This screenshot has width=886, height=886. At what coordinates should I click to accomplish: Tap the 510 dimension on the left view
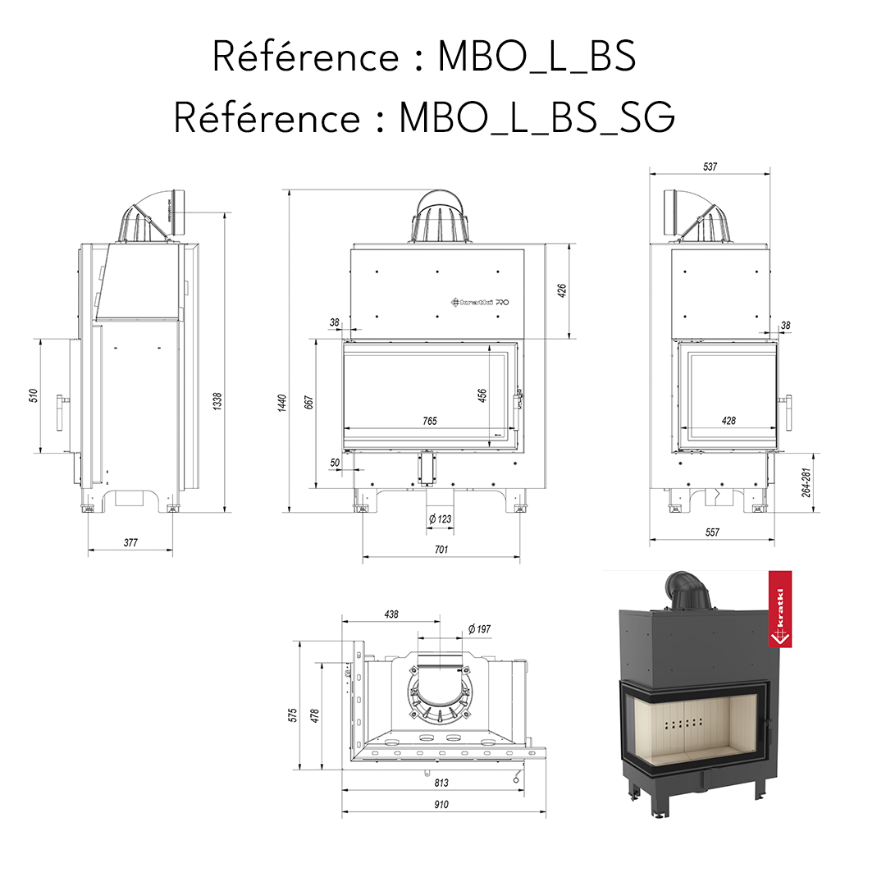[34, 395]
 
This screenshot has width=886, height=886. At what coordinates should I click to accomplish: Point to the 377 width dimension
[130, 543]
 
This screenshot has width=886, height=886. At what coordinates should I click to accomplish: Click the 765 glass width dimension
[429, 421]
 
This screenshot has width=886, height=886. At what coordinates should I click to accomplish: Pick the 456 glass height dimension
[482, 397]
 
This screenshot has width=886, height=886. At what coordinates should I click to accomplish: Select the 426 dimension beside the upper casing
[562, 290]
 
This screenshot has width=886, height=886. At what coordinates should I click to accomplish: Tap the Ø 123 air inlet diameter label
[441, 518]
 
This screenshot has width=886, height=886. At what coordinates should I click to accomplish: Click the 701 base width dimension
[441, 550]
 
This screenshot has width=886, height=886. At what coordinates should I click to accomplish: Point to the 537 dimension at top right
[710, 167]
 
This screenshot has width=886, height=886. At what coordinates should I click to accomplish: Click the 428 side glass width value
[728, 421]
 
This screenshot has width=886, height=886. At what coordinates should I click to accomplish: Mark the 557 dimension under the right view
[712, 532]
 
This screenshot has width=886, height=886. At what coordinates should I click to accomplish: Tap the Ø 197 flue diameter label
[479, 628]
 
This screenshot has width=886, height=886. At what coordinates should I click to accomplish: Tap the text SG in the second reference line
[650, 118]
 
